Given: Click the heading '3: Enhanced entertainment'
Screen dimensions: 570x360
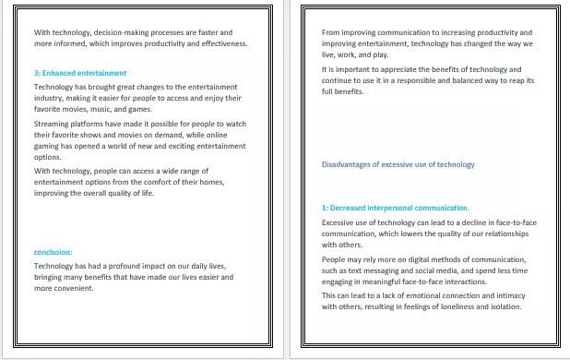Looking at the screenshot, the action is tap(80, 73).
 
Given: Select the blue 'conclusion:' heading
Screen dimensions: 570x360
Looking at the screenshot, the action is tap(53, 252).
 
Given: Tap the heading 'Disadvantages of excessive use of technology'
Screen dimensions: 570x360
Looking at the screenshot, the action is tap(398, 164).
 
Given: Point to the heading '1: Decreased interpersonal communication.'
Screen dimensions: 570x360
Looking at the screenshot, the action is tap(396, 209).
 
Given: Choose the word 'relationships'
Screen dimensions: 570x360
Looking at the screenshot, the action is tap(505, 234).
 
